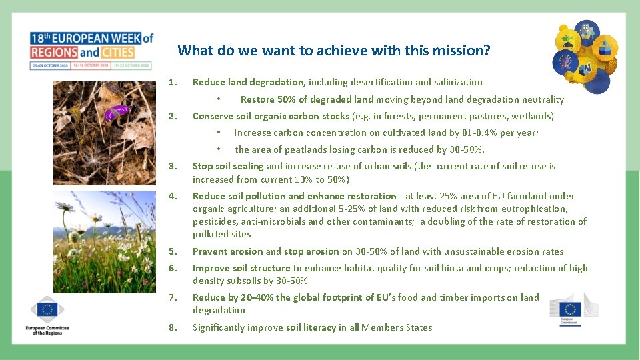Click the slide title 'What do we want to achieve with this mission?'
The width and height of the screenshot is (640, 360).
[333, 51]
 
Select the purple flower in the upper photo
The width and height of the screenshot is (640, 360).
[118, 111]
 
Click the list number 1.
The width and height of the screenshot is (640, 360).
[172, 83]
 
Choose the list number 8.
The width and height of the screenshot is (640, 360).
[172, 327]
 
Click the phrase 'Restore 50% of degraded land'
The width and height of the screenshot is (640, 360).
[307, 100]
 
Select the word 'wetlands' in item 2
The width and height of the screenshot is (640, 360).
[531, 116]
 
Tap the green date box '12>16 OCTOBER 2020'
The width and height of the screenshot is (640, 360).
[91, 65]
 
